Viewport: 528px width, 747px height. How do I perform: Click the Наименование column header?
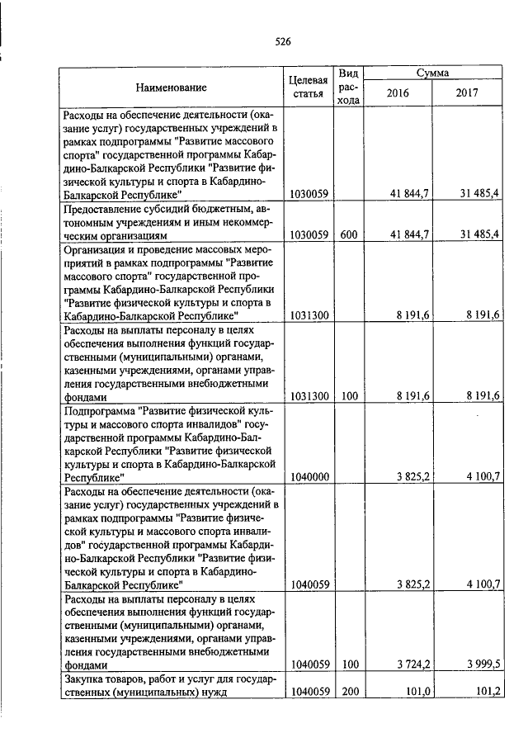pos(172,87)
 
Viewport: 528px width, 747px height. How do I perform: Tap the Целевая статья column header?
pos(309,87)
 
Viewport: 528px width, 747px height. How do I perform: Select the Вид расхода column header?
pos(349,87)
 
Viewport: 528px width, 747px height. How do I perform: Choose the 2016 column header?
pos(398,93)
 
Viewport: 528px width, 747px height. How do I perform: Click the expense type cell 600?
pos(349,234)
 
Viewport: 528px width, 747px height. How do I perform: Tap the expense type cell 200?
pos(349,692)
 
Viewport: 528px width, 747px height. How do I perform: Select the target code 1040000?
pos(310,477)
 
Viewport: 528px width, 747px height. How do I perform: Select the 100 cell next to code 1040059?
pos(349,664)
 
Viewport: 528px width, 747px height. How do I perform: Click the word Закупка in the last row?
pos(85,679)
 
